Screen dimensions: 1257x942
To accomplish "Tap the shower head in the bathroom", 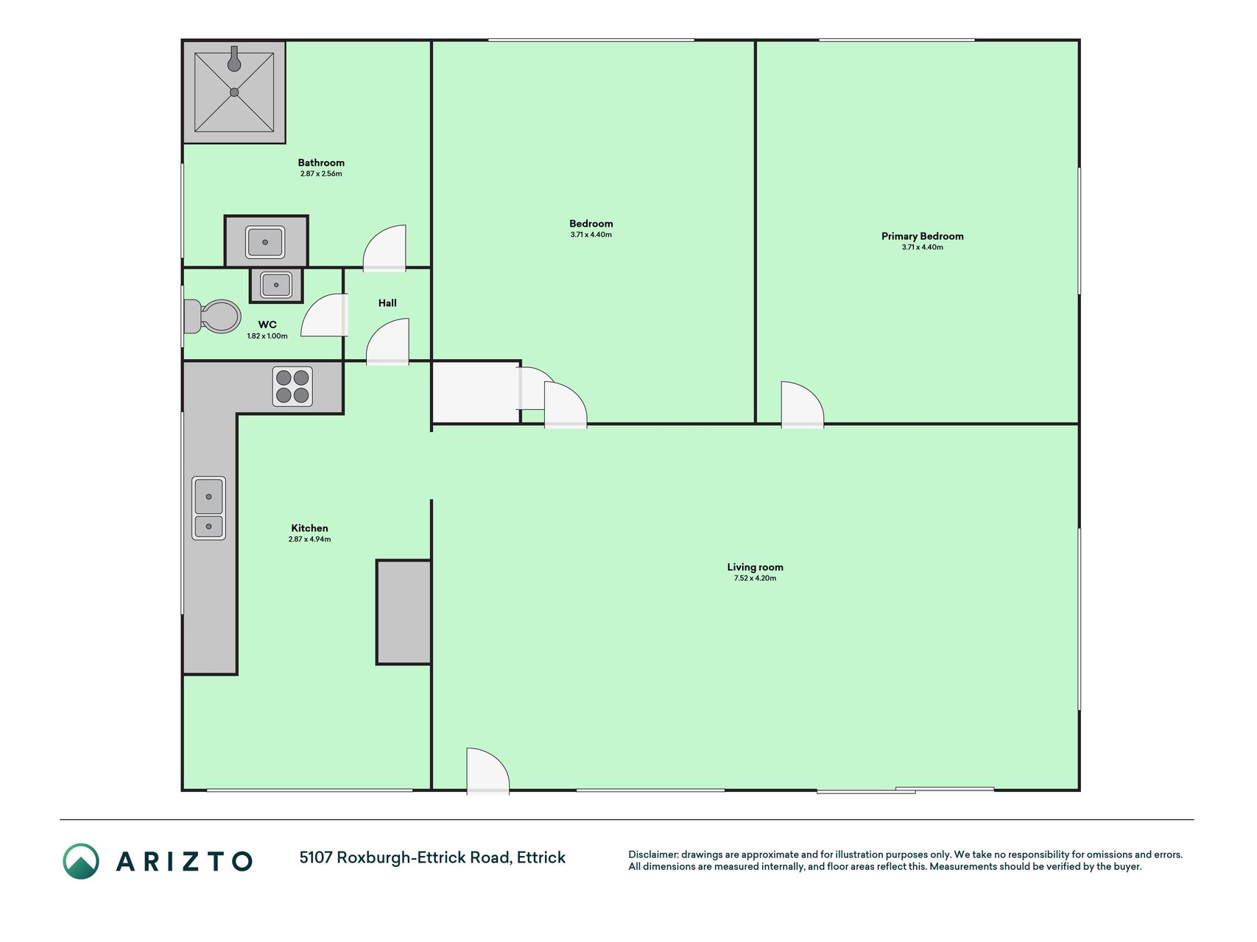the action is (234, 60).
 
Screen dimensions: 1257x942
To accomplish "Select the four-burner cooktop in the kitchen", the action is (292, 386).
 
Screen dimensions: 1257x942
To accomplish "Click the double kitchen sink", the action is (208, 508).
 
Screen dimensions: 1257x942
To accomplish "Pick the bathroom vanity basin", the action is (265, 241).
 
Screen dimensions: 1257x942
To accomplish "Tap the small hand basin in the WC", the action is (276, 285).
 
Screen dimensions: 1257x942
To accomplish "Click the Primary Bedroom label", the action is (922, 236).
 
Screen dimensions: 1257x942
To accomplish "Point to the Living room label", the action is (755, 567).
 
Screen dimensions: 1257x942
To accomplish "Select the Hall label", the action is (387, 302).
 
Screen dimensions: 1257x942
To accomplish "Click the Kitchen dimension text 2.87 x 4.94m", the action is (309, 539).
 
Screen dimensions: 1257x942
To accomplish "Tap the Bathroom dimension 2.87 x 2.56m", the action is (321, 174).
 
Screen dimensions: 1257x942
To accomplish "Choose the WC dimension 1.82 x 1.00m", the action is (267, 336).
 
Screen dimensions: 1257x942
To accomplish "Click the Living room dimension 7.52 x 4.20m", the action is (755, 578).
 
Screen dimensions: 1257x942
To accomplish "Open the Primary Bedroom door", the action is (802, 404).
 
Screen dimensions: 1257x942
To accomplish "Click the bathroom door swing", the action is (384, 248).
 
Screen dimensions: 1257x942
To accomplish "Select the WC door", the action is (324, 315).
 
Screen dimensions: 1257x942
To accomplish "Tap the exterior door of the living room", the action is (487, 771).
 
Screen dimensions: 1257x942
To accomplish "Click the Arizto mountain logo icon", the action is (80, 861).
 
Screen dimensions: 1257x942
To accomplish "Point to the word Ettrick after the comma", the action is (541, 857).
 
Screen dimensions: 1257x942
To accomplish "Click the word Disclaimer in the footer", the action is (652, 854).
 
